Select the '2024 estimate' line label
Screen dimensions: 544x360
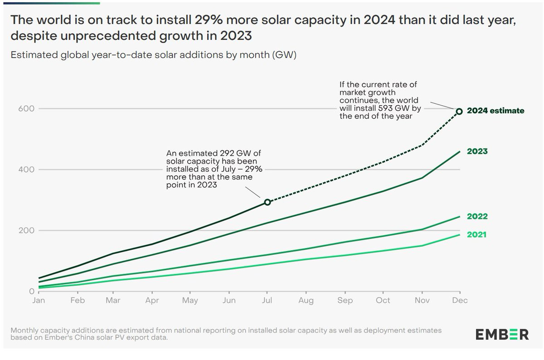click(495, 111)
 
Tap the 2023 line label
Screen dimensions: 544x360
click(477, 151)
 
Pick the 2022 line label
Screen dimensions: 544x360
click(477, 216)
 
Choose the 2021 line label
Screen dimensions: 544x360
click(477, 235)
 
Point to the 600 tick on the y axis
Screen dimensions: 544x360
click(26, 108)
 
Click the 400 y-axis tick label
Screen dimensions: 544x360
click(26, 169)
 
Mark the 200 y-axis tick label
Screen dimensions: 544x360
click(26, 230)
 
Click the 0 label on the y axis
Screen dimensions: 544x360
click(32, 291)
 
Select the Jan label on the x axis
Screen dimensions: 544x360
click(39, 301)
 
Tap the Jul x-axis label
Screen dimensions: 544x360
click(267, 301)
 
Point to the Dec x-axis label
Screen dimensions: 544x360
click(460, 301)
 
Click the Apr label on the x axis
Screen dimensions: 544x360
click(152, 301)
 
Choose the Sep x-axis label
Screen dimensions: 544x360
click(345, 301)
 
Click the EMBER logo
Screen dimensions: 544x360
click(502, 335)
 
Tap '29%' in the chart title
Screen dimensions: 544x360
click(209, 19)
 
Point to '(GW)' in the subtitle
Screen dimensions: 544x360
click(284, 55)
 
